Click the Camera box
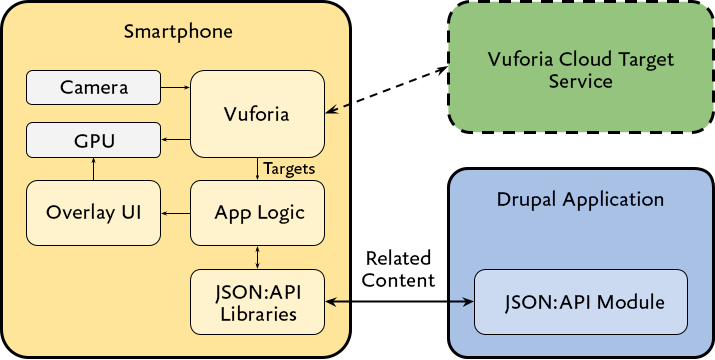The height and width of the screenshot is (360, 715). click(93, 87)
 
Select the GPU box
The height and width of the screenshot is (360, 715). click(93, 140)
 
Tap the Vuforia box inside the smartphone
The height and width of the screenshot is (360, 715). click(258, 114)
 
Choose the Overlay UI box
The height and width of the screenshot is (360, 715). click(93, 212)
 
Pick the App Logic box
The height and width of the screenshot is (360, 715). click(258, 212)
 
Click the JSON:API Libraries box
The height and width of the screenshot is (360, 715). click(258, 302)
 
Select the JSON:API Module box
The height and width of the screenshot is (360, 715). click(581, 302)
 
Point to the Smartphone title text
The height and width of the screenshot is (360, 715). click(178, 31)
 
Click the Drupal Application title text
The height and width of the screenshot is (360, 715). click(580, 199)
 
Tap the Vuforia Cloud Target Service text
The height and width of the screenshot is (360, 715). click(580, 70)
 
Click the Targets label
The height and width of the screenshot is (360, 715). click(289, 169)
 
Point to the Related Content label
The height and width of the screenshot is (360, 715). click(398, 269)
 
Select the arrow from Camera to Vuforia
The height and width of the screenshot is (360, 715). click(175, 87)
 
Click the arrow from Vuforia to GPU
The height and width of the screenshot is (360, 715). click(175, 140)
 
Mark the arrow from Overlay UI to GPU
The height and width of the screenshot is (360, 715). click(93, 170)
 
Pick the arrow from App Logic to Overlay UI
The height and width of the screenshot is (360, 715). click(175, 212)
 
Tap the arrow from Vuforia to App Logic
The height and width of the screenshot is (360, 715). click(258, 169)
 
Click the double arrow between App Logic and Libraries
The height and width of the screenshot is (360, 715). click(258, 257)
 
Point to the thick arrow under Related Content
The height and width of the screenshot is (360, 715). click(400, 302)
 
